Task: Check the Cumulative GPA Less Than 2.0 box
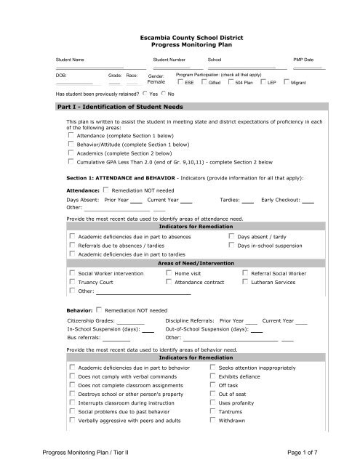71,144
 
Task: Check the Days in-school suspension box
231,225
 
